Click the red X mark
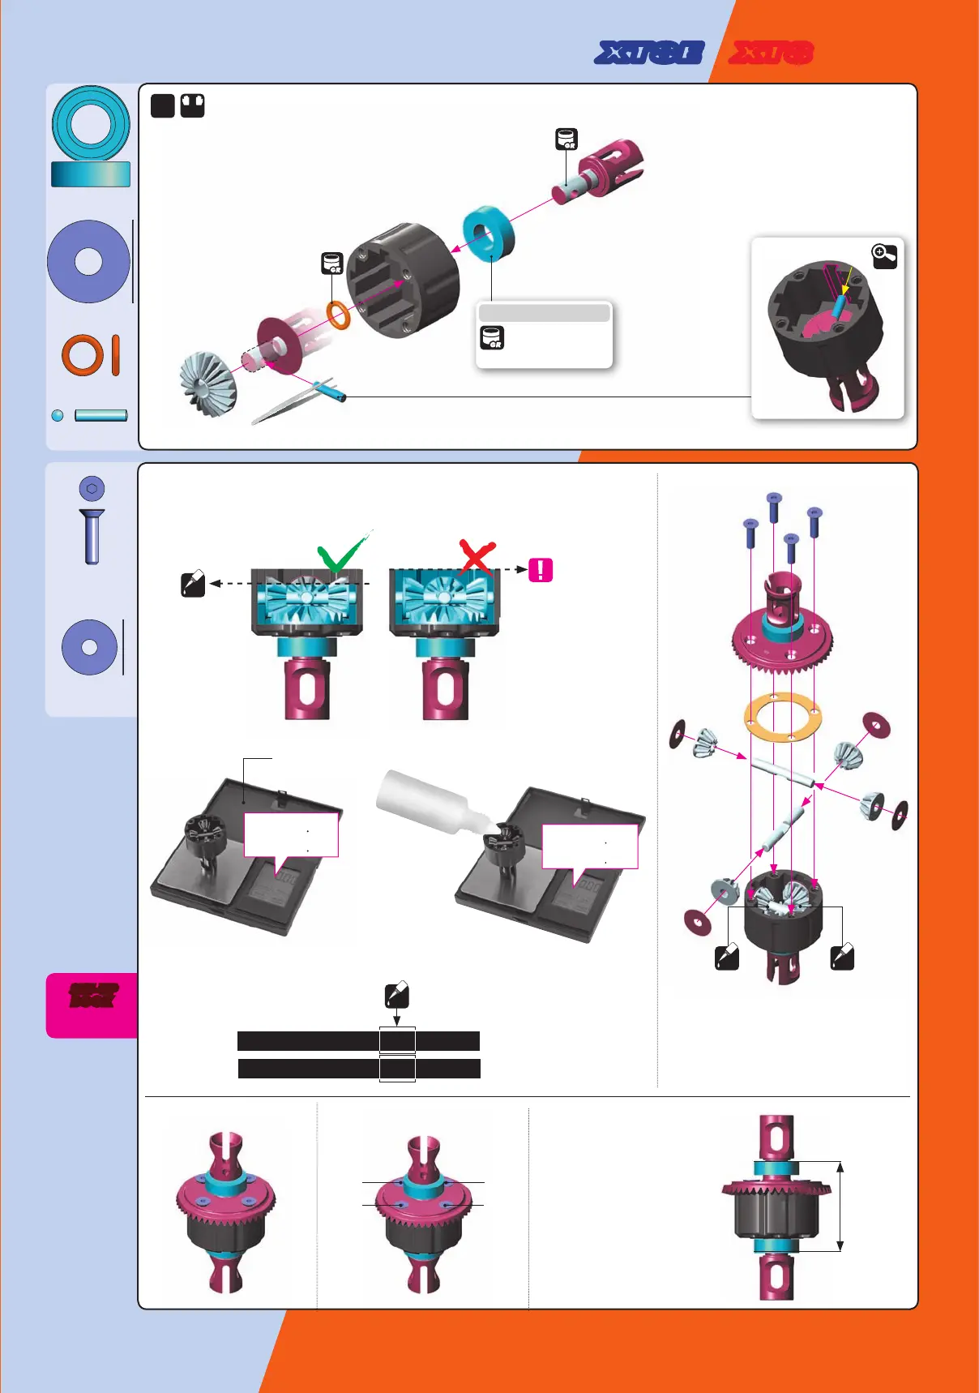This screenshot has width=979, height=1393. pyautogui.click(x=477, y=557)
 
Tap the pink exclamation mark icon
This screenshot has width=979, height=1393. pyautogui.click(x=541, y=570)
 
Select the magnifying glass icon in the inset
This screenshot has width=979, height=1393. pyautogui.click(x=884, y=255)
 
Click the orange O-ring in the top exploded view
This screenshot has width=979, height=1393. pyautogui.click(x=339, y=315)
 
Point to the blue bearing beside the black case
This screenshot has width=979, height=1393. pyautogui.click(x=489, y=234)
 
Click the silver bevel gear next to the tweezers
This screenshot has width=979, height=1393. pyautogui.click(x=208, y=384)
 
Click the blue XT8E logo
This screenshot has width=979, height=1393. pyautogui.click(x=649, y=54)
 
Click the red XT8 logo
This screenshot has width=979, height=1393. pyautogui.click(x=771, y=54)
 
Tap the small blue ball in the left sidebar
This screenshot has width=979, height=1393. pyautogui.click(x=58, y=415)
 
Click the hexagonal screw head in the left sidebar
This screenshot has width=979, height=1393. pyautogui.click(x=92, y=488)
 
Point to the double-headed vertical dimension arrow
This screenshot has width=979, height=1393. pyautogui.click(x=840, y=1207)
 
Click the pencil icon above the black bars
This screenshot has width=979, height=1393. pyautogui.click(x=396, y=995)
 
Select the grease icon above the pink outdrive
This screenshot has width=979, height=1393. pyautogui.click(x=566, y=139)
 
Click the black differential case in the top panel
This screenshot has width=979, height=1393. pyautogui.click(x=403, y=280)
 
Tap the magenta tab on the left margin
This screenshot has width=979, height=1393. pyautogui.click(x=92, y=1005)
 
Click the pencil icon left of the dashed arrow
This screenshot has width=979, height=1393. pyautogui.click(x=193, y=584)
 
